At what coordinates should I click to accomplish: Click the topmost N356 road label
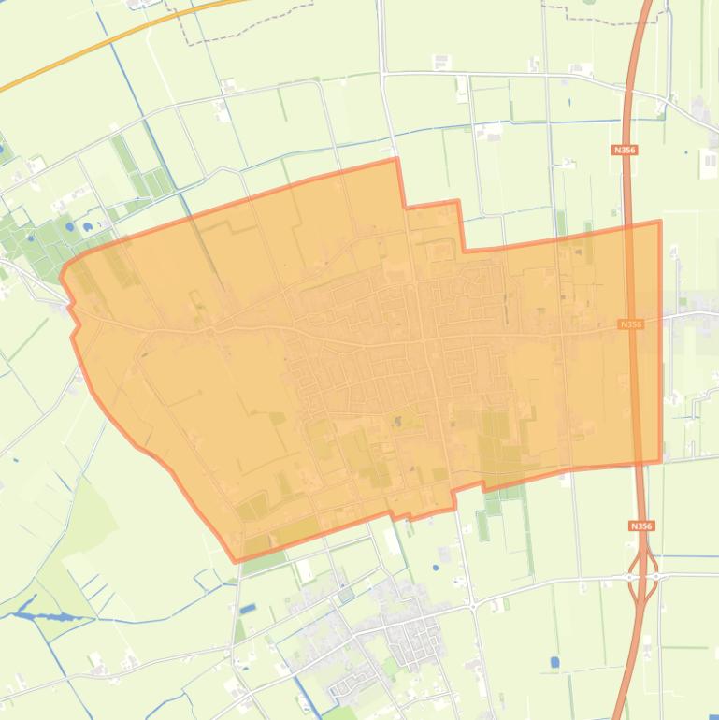[x=625, y=150]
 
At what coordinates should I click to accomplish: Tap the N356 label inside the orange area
[x=632, y=324]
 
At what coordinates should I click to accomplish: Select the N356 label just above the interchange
[x=641, y=526]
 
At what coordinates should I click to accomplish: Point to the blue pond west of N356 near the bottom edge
[x=554, y=661]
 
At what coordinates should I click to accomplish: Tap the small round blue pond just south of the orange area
[x=436, y=567]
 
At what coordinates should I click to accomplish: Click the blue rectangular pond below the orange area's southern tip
[x=247, y=610]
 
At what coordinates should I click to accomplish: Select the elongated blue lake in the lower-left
[x=43, y=616]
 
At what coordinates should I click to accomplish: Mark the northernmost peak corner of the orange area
[x=396, y=160]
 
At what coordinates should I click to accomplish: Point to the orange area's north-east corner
[x=660, y=222]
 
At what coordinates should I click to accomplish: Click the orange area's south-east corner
[x=661, y=459]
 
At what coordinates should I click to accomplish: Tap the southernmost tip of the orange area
[x=236, y=561]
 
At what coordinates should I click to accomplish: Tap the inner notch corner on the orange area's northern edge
[x=466, y=250]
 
